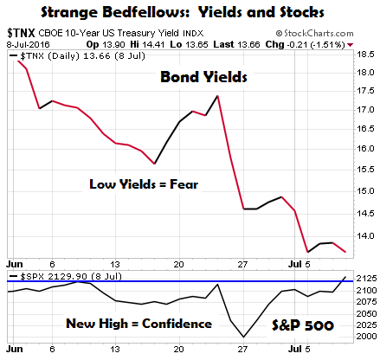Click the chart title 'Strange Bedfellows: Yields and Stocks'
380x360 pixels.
tap(183, 12)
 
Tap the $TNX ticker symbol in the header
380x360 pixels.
tap(21, 33)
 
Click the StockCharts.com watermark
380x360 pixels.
tap(314, 34)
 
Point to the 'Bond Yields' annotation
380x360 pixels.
tap(203, 77)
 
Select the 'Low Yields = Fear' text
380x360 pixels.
tap(144, 184)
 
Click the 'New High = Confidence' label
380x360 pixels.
tap(138, 324)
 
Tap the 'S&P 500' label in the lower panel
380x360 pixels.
tap(303, 325)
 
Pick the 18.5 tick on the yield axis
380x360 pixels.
tap(365, 55)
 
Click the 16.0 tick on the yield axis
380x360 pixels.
tap(365, 148)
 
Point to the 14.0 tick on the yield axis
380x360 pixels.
tap(365, 236)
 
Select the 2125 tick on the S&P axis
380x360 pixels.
tap(366, 279)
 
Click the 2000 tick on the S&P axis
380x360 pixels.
tap(366, 337)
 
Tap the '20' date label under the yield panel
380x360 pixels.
tap(178, 264)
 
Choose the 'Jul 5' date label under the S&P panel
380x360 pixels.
tap(299, 349)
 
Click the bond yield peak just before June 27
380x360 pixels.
tap(217, 96)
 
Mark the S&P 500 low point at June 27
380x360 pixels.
tap(243, 337)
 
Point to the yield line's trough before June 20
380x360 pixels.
tap(155, 164)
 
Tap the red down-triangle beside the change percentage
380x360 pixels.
tap(350, 45)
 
